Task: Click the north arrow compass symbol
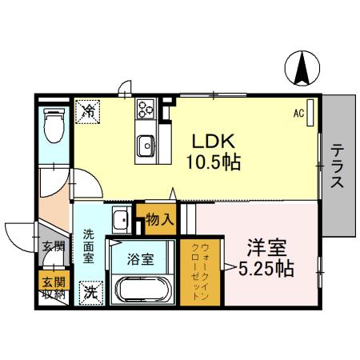click(x=303, y=68)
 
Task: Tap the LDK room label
click(x=212, y=141)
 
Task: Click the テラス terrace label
click(x=338, y=166)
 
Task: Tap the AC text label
click(x=298, y=114)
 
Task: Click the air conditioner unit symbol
click(x=311, y=113)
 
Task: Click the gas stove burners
click(x=146, y=108)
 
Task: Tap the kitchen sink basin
click(x=146, y=146)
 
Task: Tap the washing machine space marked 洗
click(x=91, y=292)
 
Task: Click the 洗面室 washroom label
click(x=89, y=248)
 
